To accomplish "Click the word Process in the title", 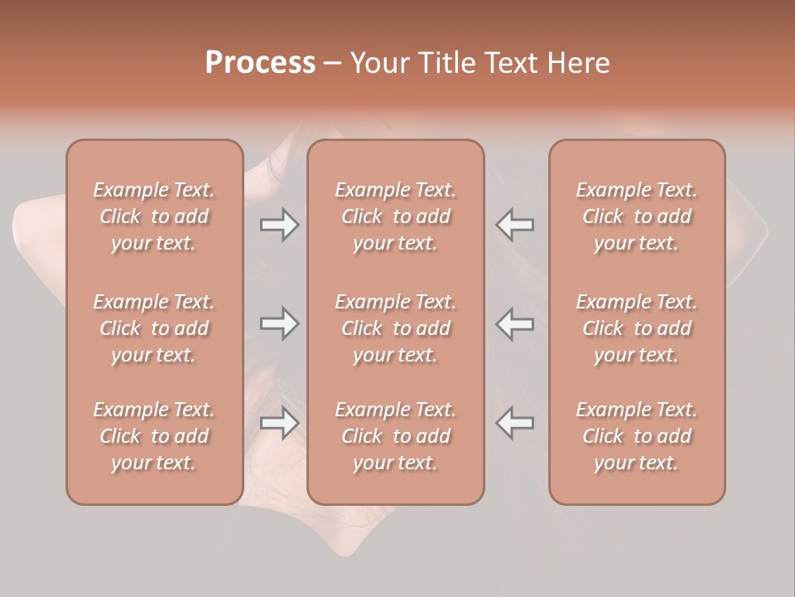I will pyautogui.click(x=260, y=63).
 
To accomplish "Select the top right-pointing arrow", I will pyautogui.click(x=279, y=225).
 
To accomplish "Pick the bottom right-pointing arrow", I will pyautogui.click(x=279, y=423).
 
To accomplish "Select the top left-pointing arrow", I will pyautogui.click(x=515, y=225).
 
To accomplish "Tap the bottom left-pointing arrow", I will pyautogui.click(x=515, y=423).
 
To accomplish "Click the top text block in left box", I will pyautogui.click(x=154, y=216).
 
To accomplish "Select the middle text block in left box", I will pyautogui.click(x=154, y=328).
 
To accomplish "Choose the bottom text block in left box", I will pyautogui.click(x=154, y=436).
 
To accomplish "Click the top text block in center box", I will pyautogui.click(x=395, y=216).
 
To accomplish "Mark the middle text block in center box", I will pyautogui.click(x=395, y=328).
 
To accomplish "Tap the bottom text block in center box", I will pyautogui.click(x=395, y=436).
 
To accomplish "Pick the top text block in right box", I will pyautogui.click(x=636, y=216).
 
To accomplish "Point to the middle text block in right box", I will pyautogui.click(x=636, y=328).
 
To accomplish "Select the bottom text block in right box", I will pyautogui.click(x=636, y=436).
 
